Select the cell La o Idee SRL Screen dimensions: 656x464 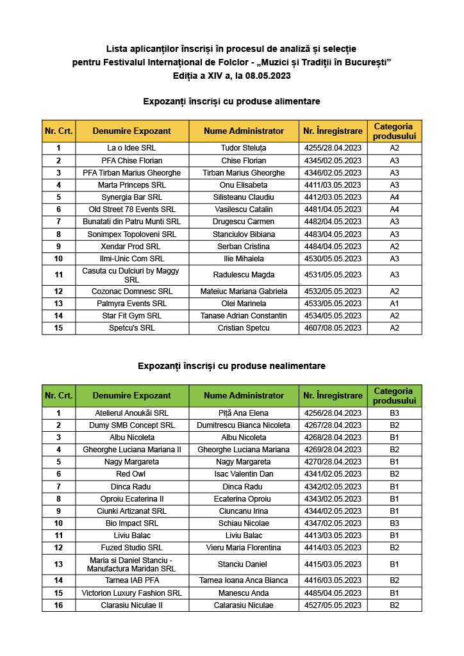[131, 148]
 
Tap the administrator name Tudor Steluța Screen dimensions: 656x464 [244, 148]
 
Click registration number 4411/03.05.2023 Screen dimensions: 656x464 [333, 185]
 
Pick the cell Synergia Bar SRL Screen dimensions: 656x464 [131, 197]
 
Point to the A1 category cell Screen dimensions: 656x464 [394, 304]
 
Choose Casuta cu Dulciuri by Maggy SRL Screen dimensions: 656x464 [131, 275]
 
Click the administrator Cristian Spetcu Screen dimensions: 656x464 [244, 328]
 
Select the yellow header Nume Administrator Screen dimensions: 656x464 [244, 131]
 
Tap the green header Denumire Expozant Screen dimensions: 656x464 [131, 396]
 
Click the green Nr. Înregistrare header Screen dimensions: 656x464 [333, 396]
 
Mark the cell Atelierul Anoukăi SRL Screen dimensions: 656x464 [131, 413]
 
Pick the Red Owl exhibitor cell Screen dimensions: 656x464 [131, 474]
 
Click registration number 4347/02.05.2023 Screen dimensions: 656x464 [333, 523]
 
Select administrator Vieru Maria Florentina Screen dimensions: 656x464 [244, 548]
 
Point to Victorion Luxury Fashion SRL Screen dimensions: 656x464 [131, 593]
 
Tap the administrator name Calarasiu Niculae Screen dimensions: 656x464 [244, 605]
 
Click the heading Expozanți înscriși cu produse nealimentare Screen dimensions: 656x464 [231, 366]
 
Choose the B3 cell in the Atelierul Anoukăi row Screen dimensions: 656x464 [394, 413]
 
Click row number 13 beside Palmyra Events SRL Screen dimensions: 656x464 [58, 304]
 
